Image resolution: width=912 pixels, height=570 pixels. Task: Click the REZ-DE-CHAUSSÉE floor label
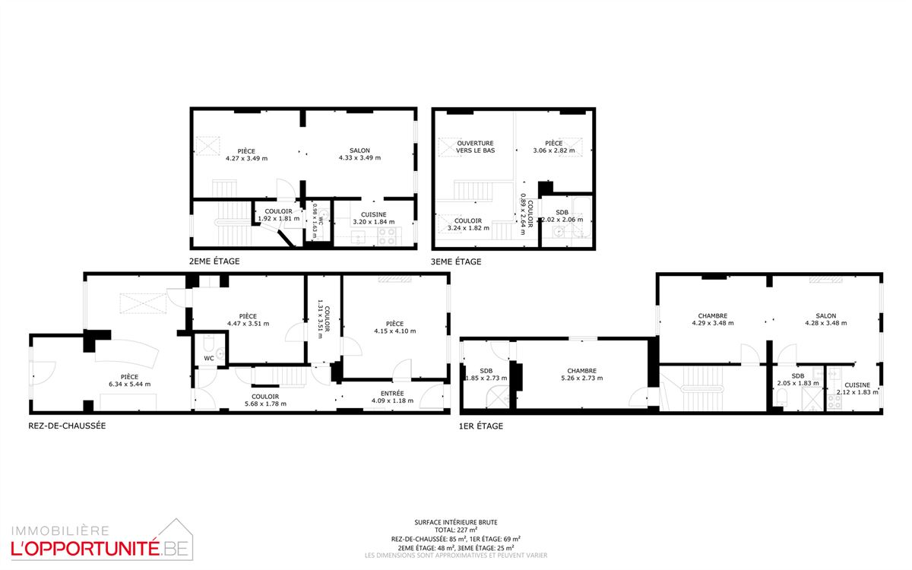67,426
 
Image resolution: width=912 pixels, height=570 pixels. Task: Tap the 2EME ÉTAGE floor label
214,261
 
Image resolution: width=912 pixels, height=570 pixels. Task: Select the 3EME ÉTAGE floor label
456,261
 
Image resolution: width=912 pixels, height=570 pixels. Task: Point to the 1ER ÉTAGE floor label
481,426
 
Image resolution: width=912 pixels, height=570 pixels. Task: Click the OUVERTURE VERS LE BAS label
475,147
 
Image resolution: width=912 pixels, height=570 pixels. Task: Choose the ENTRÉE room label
392,394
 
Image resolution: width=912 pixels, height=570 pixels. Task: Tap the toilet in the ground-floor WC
208,344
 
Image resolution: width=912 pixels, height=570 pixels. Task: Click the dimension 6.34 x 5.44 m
129,384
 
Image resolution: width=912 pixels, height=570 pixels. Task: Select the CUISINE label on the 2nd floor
374,214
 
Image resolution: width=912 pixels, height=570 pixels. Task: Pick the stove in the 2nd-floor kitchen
387,236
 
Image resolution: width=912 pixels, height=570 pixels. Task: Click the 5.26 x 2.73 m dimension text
582,378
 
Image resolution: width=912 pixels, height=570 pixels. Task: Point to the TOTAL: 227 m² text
456,530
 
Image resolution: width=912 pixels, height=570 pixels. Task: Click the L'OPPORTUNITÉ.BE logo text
100,549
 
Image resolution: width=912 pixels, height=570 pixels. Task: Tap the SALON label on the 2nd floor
359,150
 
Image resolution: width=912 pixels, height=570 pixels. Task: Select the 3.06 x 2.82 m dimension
554,150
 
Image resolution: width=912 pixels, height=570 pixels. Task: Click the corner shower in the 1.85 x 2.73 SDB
498,397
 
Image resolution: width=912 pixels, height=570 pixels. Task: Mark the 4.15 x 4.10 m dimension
395,331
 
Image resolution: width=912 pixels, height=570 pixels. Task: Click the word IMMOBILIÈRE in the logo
60,531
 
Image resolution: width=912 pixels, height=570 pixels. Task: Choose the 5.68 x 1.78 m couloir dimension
265,404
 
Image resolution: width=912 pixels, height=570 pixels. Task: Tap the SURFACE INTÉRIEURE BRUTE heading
456,522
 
